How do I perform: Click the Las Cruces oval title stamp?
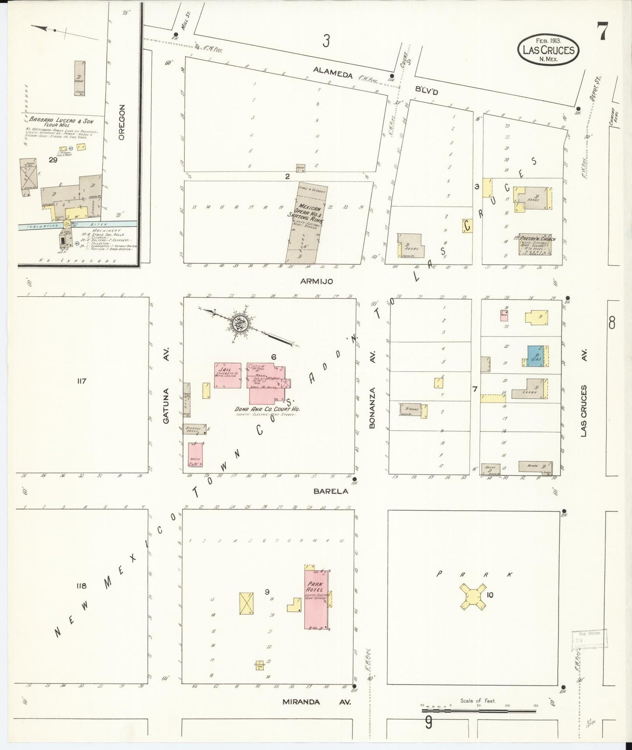click(548, 49)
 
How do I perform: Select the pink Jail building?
click(227, 375)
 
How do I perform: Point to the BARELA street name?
click(331, 491)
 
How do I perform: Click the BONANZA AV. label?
click(373, 401)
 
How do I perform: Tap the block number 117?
click(81, 381)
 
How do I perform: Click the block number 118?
click(81, 586)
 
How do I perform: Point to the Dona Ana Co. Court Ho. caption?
click(270, 409)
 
